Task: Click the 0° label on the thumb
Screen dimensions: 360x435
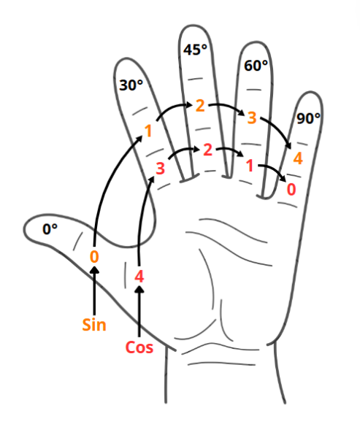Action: pos(50,229)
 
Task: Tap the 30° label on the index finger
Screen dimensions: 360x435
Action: pos(131,85)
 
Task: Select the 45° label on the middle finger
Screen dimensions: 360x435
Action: pos(195,50)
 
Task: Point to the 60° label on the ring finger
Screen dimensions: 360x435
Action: pos(256,66)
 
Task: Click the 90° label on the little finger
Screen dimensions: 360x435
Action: pos(308,118)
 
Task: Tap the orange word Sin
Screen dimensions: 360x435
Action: pos(94,325)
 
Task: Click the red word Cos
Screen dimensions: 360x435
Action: pos(139,347)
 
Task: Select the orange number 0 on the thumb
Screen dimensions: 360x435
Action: pos(94,256)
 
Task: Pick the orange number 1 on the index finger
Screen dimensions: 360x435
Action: pos(149,131)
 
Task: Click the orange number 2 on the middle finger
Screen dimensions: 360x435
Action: pos(200,106)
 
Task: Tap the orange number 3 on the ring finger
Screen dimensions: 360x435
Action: pos(251,118)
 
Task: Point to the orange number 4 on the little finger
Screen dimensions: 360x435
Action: pos(298,158)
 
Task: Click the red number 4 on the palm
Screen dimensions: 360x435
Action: pos(139,277)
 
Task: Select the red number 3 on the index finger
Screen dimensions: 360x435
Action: pos(160,169)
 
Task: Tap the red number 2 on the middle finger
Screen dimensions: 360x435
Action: pos(207,150)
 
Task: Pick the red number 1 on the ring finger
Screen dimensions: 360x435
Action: pos(250,166)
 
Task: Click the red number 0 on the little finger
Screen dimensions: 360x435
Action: pos(291,190)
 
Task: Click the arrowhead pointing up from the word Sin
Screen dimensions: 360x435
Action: pos(95,269)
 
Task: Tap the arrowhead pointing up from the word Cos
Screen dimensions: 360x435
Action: pos(139,289)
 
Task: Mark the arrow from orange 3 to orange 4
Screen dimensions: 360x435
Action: pos(279,129)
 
